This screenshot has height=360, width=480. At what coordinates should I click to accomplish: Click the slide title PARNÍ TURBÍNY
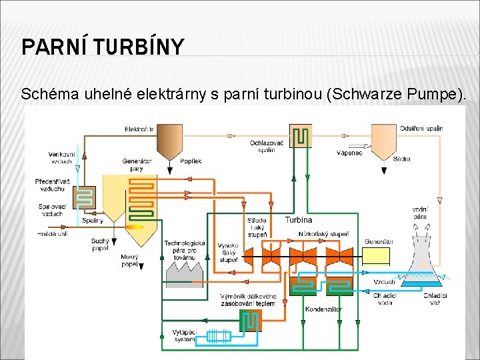pyautogui.click(x=102, y=47)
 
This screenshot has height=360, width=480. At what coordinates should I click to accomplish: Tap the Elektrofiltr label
pyautogui.click(x=139, y=129)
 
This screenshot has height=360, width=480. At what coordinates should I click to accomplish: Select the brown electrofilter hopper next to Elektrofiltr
pyautogui.click(x=169, y=141)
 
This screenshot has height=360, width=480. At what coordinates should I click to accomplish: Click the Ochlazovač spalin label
pyautogui.click(x=267, y=146)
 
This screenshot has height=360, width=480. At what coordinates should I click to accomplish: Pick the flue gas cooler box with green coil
pyautogui.click(x=300, y=135)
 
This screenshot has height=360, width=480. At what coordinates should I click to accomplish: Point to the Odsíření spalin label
pyautogui.click(x=421, y=128)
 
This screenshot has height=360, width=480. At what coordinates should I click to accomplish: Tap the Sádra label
pyautogui.click(x=402, y=159)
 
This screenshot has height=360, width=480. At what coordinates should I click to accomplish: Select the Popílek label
pyautogui.click(x=191, y=161)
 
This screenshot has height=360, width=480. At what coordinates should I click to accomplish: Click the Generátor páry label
pyautogui.click(x=137, y=164)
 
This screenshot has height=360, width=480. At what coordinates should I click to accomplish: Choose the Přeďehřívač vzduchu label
pyautogui.click(x=53, y=185)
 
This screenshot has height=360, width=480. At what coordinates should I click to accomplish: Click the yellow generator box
pyautogui.click(x=376, y=256)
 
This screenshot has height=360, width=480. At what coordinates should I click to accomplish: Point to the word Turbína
pyautogui.click(x=298, y=220)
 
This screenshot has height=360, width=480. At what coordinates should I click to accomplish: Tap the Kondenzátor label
pyautogui.click(x=323, y=309)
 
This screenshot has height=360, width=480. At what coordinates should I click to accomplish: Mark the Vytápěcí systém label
pyautogui.click(x=185, y=335)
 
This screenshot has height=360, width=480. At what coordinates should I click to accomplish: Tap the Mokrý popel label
pyautogui.click(x=129, y=260)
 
